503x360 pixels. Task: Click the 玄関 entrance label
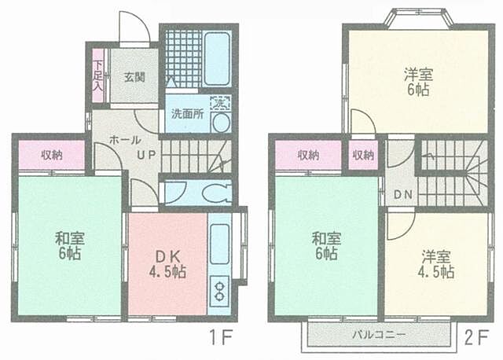[x=134, y=77]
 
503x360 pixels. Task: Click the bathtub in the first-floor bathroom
[x=216, y=58]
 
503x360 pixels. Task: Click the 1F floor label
[x=221, y=339]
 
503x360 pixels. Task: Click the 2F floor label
[x=475, y=339]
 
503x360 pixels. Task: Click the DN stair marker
[x=403, y=194]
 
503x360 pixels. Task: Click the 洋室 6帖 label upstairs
[x=417, y=82]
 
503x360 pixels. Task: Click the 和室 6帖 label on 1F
[x=69, y=245]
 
